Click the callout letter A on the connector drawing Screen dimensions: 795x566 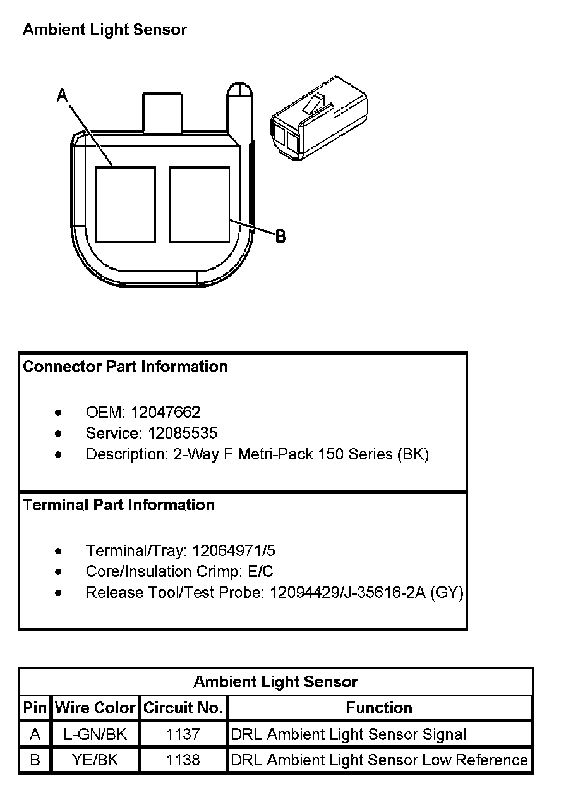point(63,95)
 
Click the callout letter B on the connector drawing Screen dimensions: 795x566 point(280,236)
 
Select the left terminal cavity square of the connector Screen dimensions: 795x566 point(125,204)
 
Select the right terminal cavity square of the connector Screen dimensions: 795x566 point(199,204)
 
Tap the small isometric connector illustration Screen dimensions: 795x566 point(318,120)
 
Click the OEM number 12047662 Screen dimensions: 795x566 point(166,413)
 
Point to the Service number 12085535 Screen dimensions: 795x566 point(183,434)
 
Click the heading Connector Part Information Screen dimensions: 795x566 point(125,367)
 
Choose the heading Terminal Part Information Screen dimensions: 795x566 point(119,505)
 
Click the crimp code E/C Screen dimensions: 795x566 point(260,571)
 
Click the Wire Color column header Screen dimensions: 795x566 point(95,708)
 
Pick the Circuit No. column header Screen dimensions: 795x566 point(183,708)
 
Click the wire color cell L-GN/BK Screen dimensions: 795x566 point(95,734)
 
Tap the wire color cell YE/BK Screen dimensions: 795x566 point(95,760)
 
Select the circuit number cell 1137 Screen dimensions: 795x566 point(183,734)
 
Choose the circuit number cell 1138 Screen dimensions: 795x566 point(183,760)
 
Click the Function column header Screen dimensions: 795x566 point(380,708)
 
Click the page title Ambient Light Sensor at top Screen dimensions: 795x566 point(105,30)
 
